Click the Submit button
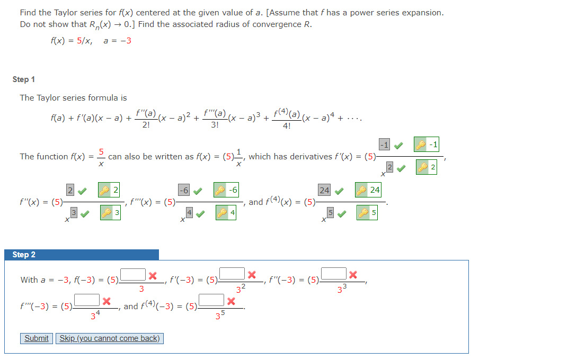tap(37, 338)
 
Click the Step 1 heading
tap(24, 79)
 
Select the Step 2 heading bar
tap(82, 255)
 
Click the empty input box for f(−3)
tap(133, 274)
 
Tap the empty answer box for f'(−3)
tap(232, 274)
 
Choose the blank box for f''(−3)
tap(333, 274)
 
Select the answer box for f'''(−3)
tap(87, 300)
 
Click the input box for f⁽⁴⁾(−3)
tap(211, 300)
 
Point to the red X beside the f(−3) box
tap(153, 275)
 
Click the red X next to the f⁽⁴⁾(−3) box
tap(231, 302)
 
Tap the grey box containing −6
tap(184, 190)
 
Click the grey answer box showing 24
tap(324, 190)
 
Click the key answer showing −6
tap(227, 190)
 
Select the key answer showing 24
tap(368, 190)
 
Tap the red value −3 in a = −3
tap(126, 41)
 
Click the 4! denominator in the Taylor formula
tap(287, 126)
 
